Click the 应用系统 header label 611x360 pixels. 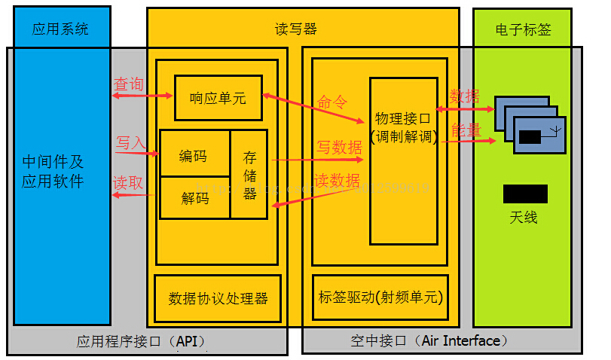(60, 29)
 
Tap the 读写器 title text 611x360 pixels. (295, 29)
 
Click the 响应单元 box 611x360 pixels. (218, 98)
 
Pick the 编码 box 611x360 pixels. (194, 156)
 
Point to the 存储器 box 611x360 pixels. (249, 175)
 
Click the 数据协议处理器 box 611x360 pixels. (218, 297)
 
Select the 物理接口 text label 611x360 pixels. (402, 118)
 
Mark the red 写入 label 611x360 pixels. (130, 142)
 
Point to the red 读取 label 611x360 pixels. (127, 182)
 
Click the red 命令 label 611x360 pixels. (332, 102)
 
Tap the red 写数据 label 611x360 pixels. (338, 147)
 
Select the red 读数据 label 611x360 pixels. (337, 180)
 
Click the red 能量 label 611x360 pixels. (465, 130)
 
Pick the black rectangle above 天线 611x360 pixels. (525, 194)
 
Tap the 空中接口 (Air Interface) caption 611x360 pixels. (426, 340)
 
